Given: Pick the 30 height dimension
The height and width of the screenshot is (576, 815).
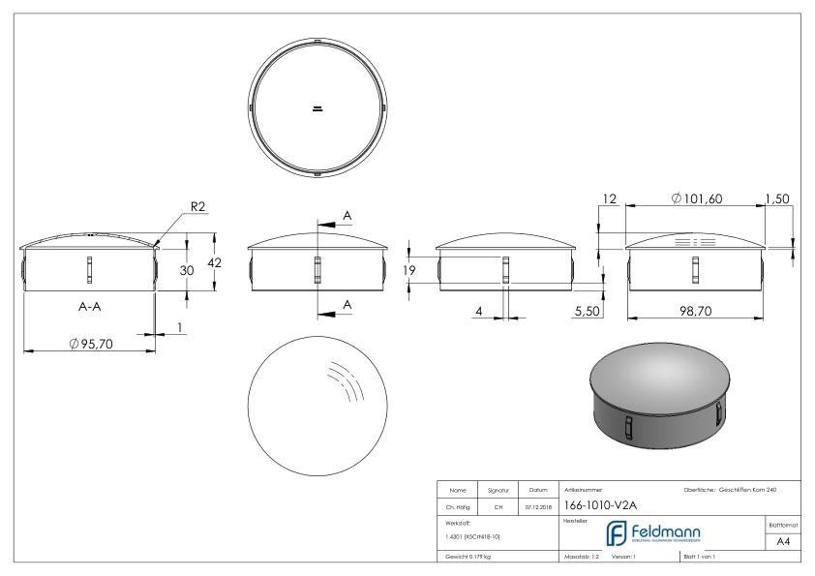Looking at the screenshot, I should click(189, 271).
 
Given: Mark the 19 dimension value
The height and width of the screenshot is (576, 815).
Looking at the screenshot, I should click(410, 271).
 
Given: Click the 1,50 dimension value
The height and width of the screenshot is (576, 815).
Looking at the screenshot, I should click(778, 198).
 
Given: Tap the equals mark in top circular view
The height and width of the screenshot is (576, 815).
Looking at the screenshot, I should click(317, 107).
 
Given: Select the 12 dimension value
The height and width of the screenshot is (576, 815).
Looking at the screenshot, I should click(608, 198).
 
